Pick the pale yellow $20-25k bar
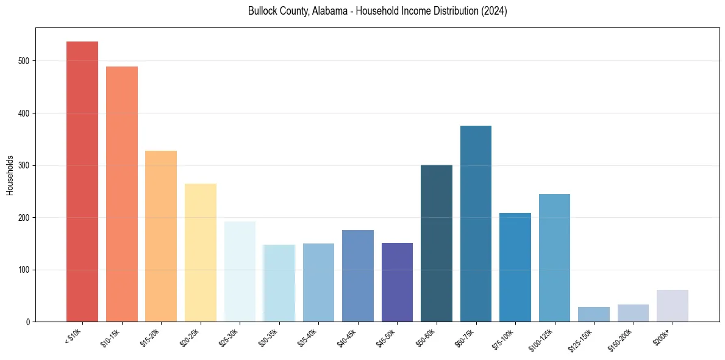click(x=201, y=253)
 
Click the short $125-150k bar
click(x=594, y=314)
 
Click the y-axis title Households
click(x=10, y=175)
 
